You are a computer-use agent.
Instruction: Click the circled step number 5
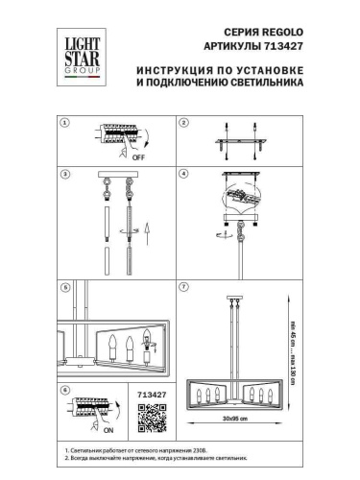64,287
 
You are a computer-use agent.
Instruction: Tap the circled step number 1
64,124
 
